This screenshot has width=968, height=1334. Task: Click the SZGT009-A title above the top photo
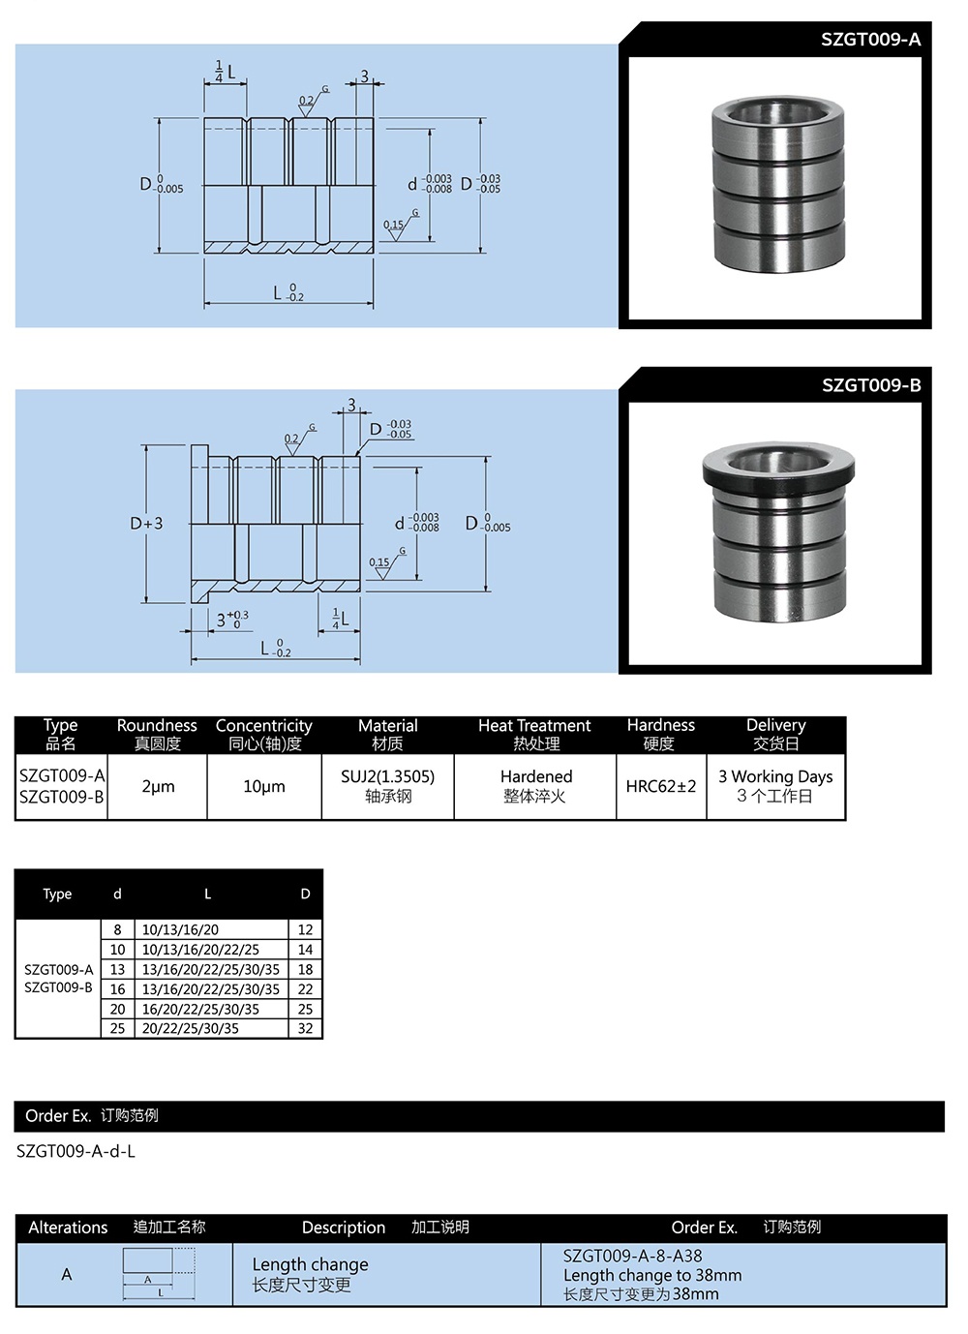(x=870, y=40)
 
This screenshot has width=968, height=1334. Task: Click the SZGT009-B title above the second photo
(x=871, y=385)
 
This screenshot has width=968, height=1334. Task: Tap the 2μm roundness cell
(x=158, y=787)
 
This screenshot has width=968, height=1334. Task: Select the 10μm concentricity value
(x=264, y=787)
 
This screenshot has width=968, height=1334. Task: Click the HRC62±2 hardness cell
(x=661, y=787)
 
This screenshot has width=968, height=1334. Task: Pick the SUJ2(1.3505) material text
(x=387, y=776)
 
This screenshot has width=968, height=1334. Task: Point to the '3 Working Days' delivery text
(x=775, y=776)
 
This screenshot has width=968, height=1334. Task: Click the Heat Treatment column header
(x=534, y=726)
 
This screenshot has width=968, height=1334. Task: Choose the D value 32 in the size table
(x=305, y=1028)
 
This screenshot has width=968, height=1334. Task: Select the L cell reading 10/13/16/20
(x=181, y=929)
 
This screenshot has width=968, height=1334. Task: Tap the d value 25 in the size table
(x=117, y=1028)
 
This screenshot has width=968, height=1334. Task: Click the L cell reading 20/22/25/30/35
(x=191, y=1028)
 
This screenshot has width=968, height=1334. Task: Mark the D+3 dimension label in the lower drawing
(x=147, y=524)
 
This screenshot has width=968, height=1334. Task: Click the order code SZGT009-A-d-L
(x=76, y=1151)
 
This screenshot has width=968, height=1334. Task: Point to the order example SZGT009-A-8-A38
(x=633, y=1256)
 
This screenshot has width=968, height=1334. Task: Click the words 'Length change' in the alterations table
(x=310, y=1264)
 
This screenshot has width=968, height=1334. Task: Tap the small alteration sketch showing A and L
(x=159, y=1273)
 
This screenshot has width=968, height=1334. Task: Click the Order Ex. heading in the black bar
(x=58, y=1116)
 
